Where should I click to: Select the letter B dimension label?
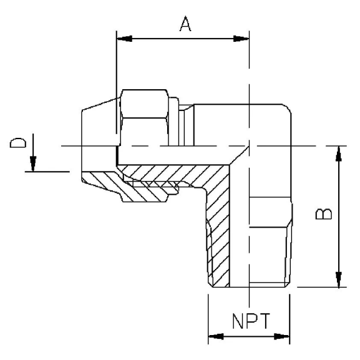[323, 214]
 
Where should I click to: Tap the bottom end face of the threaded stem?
[250, 288]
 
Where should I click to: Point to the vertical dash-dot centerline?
[250, 75]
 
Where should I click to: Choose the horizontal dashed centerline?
[187, 147]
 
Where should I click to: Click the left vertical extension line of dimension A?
[116, 75]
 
